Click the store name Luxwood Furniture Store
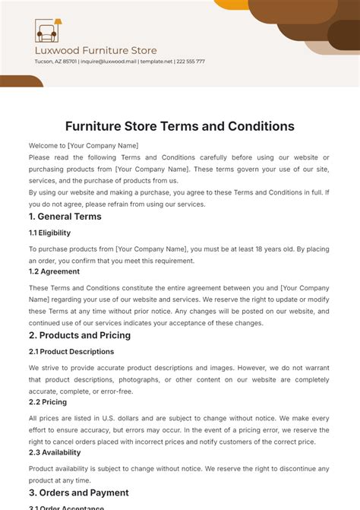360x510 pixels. (x=96, y=51)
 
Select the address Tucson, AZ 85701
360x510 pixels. (x=55, y=62)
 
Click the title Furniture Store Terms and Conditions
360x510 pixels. (x=179, y=126)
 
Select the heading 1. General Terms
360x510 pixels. (x=65, y=217)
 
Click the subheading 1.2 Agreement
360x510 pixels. (x=54, y=271)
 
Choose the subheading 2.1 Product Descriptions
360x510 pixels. (x=71, y=352)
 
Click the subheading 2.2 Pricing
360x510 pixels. (x=48, y=402)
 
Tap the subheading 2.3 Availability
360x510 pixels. (x=55, y=452)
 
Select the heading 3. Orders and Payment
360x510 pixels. (x=79, y=493)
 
